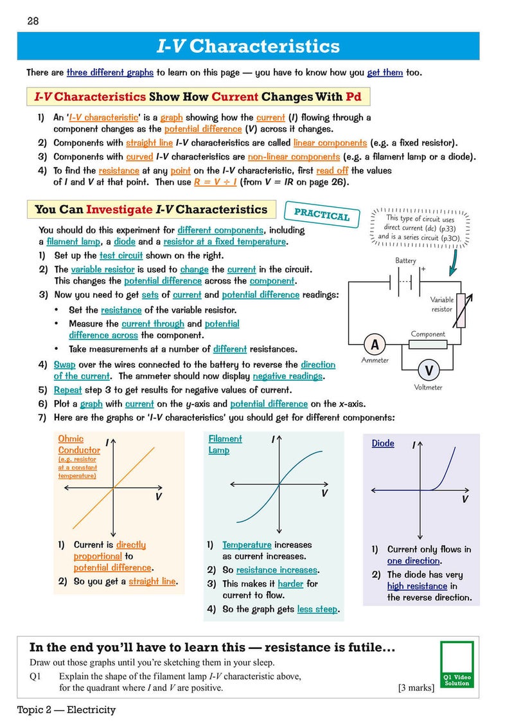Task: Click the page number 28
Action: click(33, 21)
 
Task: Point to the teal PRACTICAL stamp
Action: click(321, 214)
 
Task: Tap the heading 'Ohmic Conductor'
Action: click(79, 444)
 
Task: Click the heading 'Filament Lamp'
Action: click(225, 444)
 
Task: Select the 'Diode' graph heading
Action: click(383, 443)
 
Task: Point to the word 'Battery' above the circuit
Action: click(405, 260)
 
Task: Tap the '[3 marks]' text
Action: click(416, 687)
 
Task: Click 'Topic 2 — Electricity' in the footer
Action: click(66, 710)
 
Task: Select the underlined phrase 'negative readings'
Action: click(287, 376)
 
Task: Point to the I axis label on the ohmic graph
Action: click(107, 442)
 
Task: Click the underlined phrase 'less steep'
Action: click(317, 609)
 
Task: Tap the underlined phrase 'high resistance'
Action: click(417, 586)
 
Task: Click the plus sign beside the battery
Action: click(423, 269)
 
